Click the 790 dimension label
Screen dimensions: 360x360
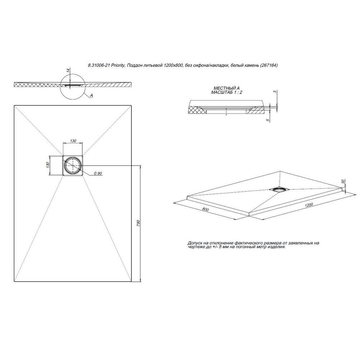[138, 224]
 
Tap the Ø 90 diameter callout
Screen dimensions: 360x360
[98, 174]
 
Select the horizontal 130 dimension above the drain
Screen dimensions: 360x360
[73, 141]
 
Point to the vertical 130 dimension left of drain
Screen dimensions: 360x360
[48, 165]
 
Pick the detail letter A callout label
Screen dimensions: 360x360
[91, 95]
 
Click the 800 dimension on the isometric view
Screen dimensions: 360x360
[206, 210]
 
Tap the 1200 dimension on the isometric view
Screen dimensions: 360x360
[308, 205]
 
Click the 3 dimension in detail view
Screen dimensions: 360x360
[275, 92]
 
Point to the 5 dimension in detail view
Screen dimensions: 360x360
[268, 120]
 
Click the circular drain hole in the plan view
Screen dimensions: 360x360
[73, 165]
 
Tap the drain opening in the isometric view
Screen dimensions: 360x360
[279, 189]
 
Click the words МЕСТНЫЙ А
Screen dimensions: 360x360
[226, 88]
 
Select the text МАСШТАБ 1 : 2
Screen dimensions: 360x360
[227, 92]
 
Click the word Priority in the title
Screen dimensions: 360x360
[117, 65]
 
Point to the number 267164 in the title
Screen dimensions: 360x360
[269, 65]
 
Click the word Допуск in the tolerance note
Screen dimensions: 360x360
[195, 243]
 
